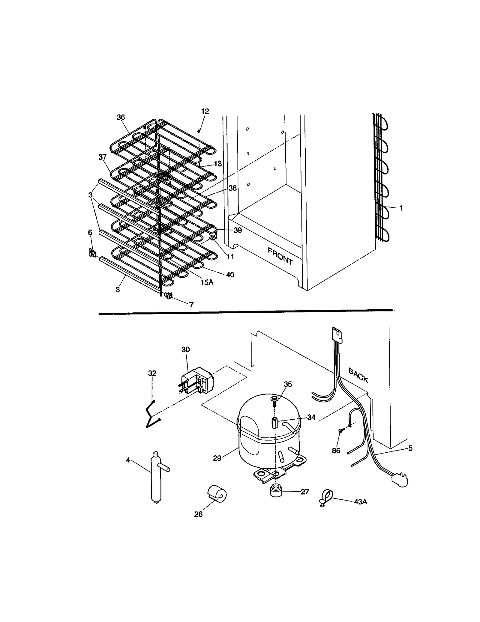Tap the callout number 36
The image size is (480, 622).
pos(121,118)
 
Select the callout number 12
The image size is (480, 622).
pos(205,111)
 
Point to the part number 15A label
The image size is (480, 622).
pos(207,282)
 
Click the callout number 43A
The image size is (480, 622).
pos(360,501)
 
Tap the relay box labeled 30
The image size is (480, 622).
pos(198,382)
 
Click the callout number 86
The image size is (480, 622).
pos(336,451)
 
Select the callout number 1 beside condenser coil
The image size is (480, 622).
pos(401,208)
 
